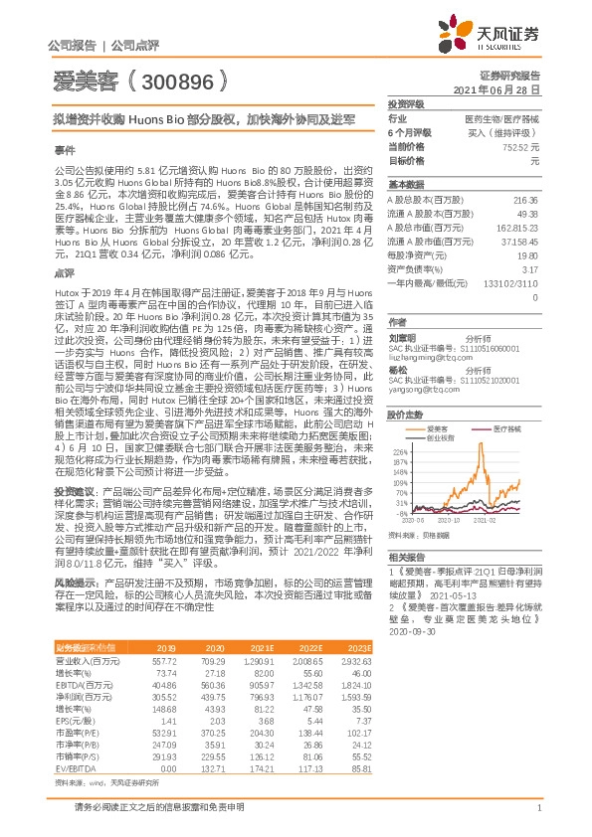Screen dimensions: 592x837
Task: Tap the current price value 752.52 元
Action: tap(520, 147)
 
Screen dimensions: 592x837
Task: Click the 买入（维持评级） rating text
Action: tap(504, 132)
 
